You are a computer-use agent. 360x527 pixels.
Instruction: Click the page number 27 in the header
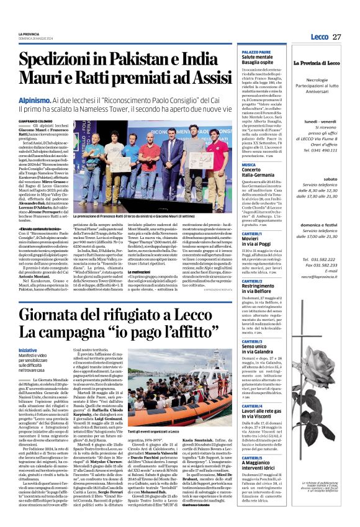point(337,37)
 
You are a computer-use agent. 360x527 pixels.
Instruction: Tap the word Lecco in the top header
point(319,37)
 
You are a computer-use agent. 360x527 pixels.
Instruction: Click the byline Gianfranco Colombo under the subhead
point(51,122)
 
